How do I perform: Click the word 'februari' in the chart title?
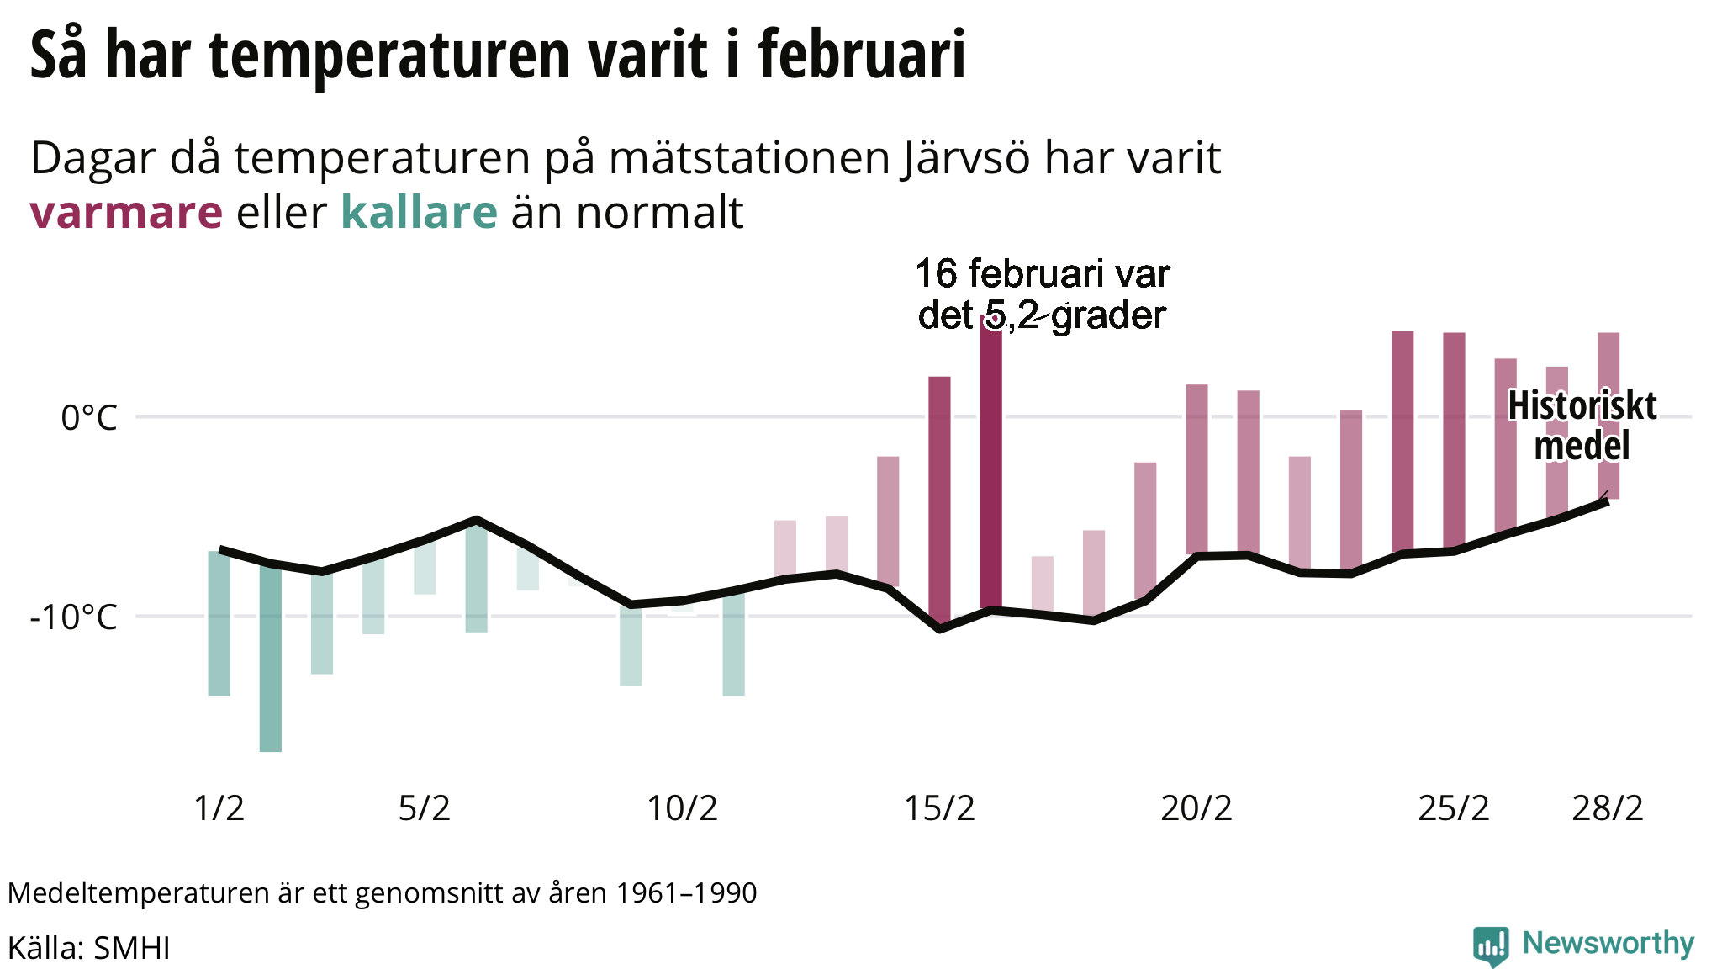(862, 56)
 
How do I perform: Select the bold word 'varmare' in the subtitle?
(126, 212)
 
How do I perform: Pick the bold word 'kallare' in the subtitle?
(419, 212)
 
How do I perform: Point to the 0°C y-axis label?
(88, 417)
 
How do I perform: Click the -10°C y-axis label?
(73, 617)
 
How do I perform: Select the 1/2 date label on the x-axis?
(219, 808)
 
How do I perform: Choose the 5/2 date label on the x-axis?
(425, 808)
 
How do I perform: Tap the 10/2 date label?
(682, 808)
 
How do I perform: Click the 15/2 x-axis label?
(939, 808)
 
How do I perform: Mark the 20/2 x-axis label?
(1196, 808)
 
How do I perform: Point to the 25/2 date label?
(1454, 808)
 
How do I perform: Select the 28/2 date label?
(1608, 808)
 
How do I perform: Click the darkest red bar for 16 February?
(991, 462)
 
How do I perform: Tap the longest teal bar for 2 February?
(271, 657)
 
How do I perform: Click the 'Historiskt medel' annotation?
(1582, 426)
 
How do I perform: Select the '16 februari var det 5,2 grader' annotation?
(1043, 294)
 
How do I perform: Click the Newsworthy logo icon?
(1491, 946)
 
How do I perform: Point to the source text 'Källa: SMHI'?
(89, 948)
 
